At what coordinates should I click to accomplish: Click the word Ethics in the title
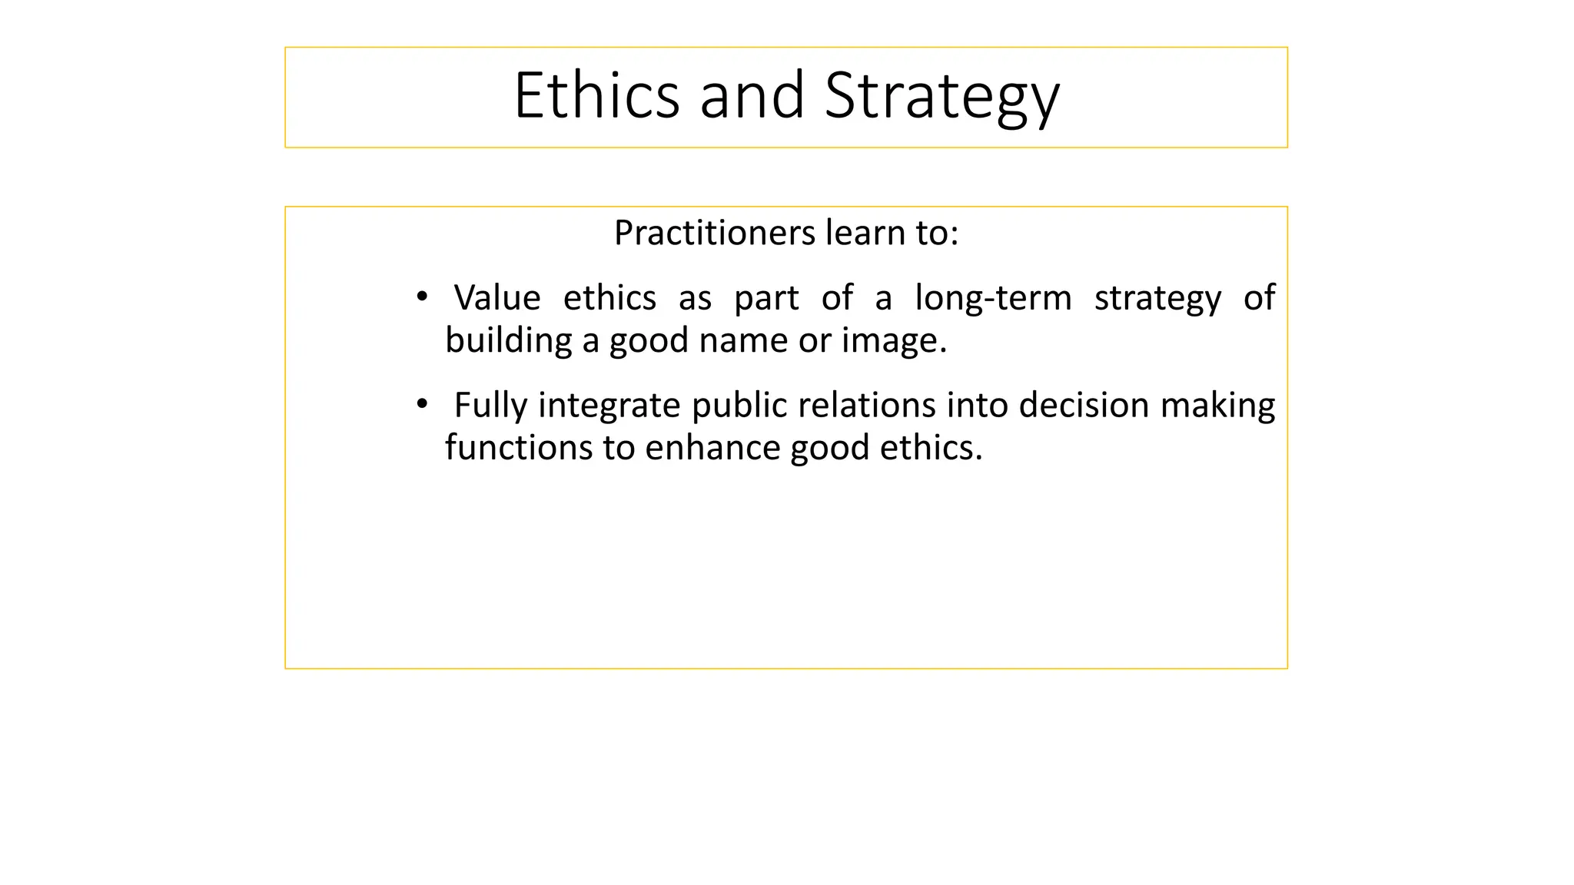pos(596,95)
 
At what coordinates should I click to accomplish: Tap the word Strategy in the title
pos(941,97)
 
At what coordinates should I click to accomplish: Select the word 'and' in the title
pos(752,95)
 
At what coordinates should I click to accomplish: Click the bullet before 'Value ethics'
pos(421,297)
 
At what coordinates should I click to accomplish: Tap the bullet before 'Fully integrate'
pos(421,404)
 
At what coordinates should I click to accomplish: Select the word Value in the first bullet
pos(497,298)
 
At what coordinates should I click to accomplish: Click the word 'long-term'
pos(993,298)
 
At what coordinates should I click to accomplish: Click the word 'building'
pos(508,340)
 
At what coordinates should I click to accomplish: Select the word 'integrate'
pos(609,406)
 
